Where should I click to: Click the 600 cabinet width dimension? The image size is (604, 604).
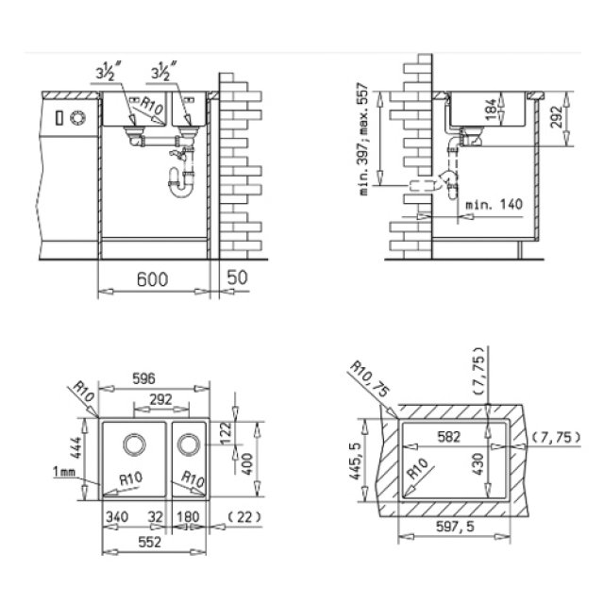click(x=153, y=279)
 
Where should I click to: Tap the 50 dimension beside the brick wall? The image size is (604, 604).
click(x=237, y=277)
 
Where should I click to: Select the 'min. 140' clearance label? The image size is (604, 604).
click(x=495, y=204)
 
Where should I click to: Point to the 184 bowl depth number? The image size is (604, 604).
click(x=491, y=109)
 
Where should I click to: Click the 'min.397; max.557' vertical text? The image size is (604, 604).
click(x=364, y=141)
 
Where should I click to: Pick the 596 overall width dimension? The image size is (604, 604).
click(x=143, y=378)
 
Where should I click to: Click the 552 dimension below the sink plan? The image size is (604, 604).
click(x=149, y=543)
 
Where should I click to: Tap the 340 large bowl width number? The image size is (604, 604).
click(x=117, y=516)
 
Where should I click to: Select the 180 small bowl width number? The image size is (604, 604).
click(x=188, y=516)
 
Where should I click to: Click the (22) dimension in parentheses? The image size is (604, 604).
click(x=244, y=516)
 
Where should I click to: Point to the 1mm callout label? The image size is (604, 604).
click(x=64, y=471)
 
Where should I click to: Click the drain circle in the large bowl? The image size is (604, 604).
click(x=134, y=445)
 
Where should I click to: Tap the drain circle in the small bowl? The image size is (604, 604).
click(x=189, y=445)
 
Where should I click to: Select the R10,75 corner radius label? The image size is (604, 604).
click(x=369, y=378)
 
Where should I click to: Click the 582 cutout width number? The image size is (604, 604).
click(x=449, y=436)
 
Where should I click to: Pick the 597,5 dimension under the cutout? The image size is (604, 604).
click(x=455, y=527)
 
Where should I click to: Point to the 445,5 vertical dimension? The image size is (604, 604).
click(x=355, y=461)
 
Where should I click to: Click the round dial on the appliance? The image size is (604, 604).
click(x=77, y=117)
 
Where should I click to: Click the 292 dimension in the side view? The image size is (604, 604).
click(x=556, y=117)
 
